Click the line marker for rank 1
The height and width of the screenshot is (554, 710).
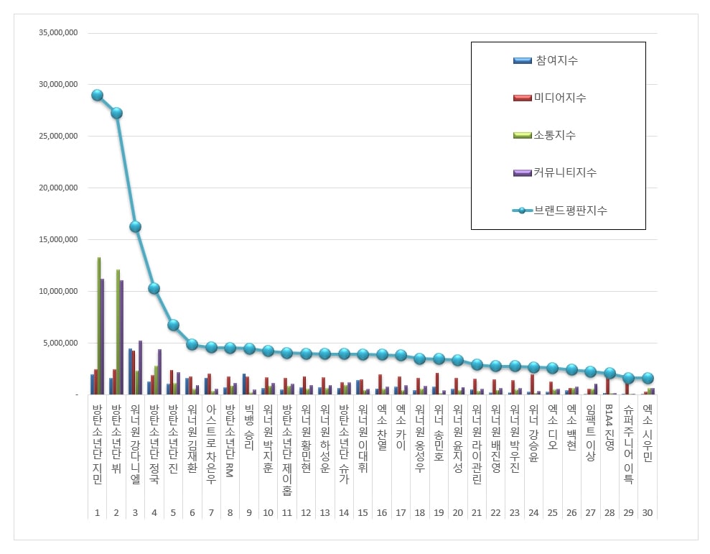97,95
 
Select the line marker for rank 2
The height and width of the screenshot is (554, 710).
116,113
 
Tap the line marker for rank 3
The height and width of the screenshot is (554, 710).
135,226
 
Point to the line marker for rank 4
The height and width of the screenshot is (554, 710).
154,288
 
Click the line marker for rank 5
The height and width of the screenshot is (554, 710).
173,325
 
